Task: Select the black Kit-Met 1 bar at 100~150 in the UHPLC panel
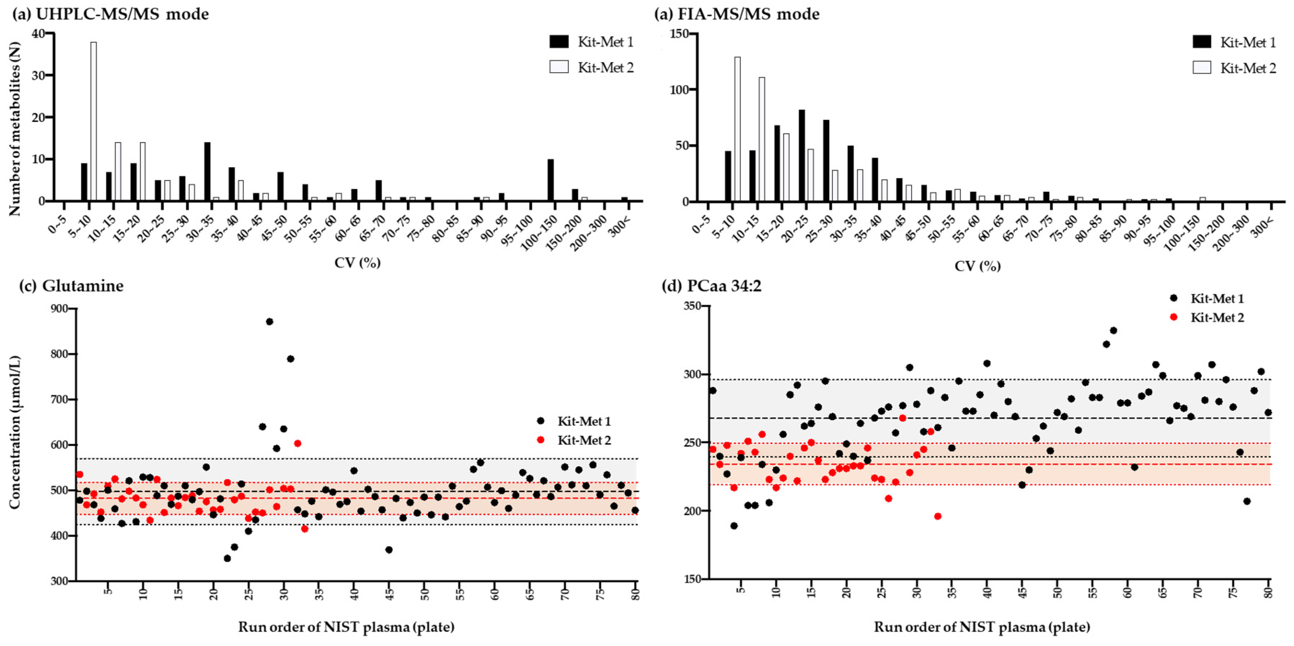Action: (551, 180)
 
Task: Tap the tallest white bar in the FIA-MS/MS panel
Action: (737, 129)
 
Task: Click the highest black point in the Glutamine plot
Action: (269, 322)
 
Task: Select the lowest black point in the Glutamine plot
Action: (227, 558)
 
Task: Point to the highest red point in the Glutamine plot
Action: (297, 443)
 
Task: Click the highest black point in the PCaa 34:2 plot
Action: (1113, 330)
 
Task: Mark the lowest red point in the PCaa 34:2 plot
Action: (937, 516)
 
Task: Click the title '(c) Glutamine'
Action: (71, 286)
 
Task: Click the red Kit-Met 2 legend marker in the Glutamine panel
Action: (541, 440)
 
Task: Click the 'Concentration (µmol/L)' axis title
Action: (15, 432)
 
